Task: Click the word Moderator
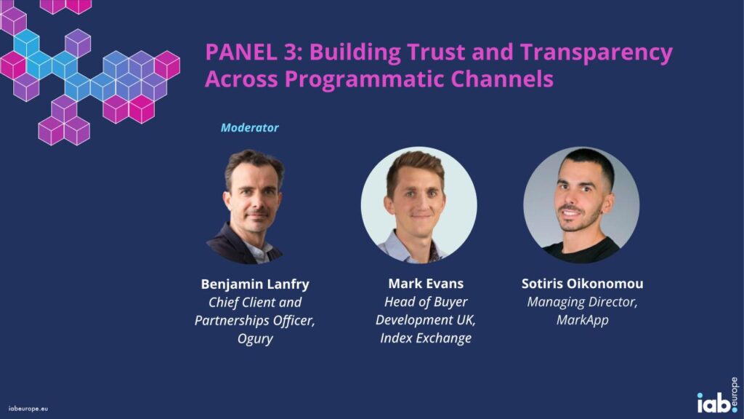(x=250, y=127)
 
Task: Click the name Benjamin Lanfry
(x=255, y=284)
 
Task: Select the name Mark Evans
(x=426, y=284)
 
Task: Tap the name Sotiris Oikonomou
(x=582, y=284)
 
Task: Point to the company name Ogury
(x=255, y=339)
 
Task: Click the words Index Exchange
(x=426, y=338)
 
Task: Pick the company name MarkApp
(x=582, y=320)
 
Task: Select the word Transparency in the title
(x=597, y=52)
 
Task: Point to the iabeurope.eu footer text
(x=28, y=409)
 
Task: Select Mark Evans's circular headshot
(x=419, y=204)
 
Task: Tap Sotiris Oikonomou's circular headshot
(x=581, y=204)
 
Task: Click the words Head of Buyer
(x=426, y=302)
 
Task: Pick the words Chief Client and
(x=255, y=303)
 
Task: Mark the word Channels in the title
(x=501, y=79)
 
